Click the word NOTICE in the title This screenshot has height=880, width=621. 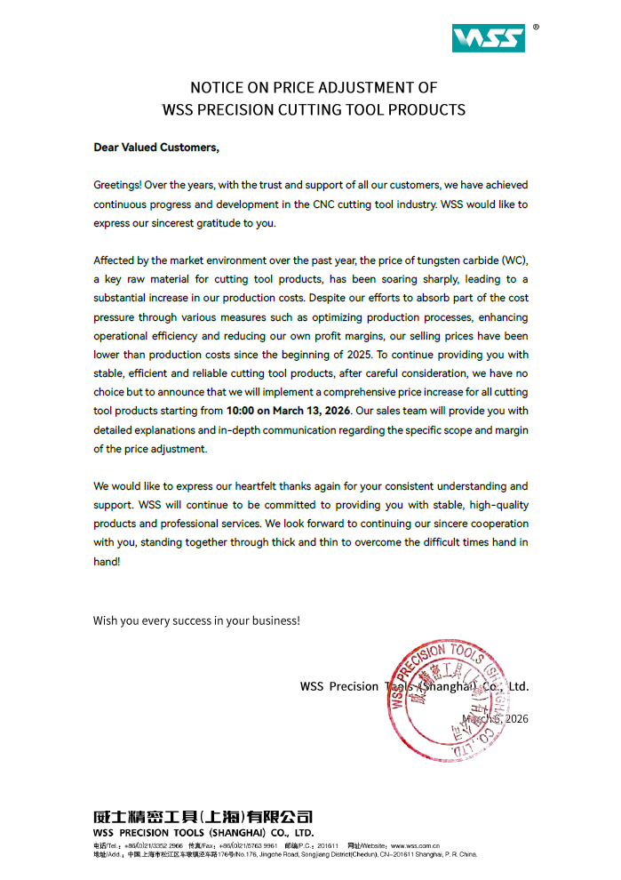click(217, 88)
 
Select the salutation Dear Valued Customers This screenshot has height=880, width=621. click(155, 147)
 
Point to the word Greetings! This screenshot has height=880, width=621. click(116, 185)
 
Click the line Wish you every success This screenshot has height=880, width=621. click(196, 620)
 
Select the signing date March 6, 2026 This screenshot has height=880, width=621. click(495, 718)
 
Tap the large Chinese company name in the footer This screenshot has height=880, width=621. click(203, 816)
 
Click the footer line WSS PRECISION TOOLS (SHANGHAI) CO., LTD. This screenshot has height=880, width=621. click(203, 833)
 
